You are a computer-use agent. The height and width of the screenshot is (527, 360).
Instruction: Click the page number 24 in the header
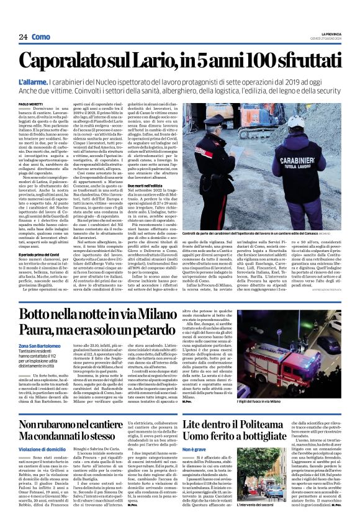point(23,37)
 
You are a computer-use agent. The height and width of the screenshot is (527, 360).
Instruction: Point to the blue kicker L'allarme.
point(32,81)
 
